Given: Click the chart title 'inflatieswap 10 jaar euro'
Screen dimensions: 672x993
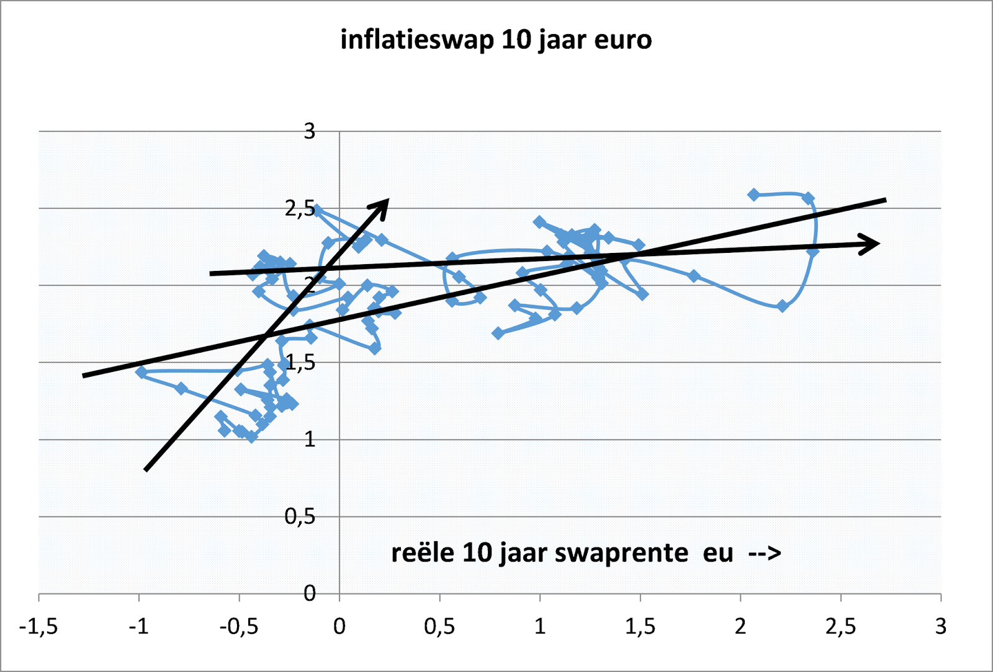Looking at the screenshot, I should [x=496, y=40].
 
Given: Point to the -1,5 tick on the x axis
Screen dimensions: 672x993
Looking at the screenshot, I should [x=38, y=627].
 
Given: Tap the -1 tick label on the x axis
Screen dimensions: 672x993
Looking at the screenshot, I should [x=139, y=627].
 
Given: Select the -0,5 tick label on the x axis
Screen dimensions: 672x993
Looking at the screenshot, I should [x=239, y=627].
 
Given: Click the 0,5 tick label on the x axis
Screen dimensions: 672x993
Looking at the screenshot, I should [x=439, y=627].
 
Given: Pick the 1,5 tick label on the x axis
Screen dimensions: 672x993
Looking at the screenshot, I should [x=640, y=627].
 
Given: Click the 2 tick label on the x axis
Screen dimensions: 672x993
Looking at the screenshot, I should [x=740, y=627].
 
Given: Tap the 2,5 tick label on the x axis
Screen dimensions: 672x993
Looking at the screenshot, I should [x=840, y=627].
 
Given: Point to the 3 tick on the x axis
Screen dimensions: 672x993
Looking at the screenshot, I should [x=941, y=627].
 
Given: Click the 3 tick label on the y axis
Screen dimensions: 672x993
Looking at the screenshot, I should [x=309, y=131].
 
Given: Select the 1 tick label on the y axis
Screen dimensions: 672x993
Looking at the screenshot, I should [x=309, y=440].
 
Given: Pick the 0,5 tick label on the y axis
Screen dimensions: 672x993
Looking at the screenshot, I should [x=300, y=516].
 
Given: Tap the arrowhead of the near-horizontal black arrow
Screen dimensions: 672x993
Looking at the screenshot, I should [x=871, y=243].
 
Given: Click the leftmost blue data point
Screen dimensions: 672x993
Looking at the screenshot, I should [x=142, y=372].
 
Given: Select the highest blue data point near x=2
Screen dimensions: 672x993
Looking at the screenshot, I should [x=754, y=195].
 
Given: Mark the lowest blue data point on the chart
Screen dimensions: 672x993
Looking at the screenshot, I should [x=251, y=436].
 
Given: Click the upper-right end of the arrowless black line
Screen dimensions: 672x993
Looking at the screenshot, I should [x=885, y=200].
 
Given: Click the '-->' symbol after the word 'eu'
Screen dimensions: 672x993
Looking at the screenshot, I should [x=765, y=553].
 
